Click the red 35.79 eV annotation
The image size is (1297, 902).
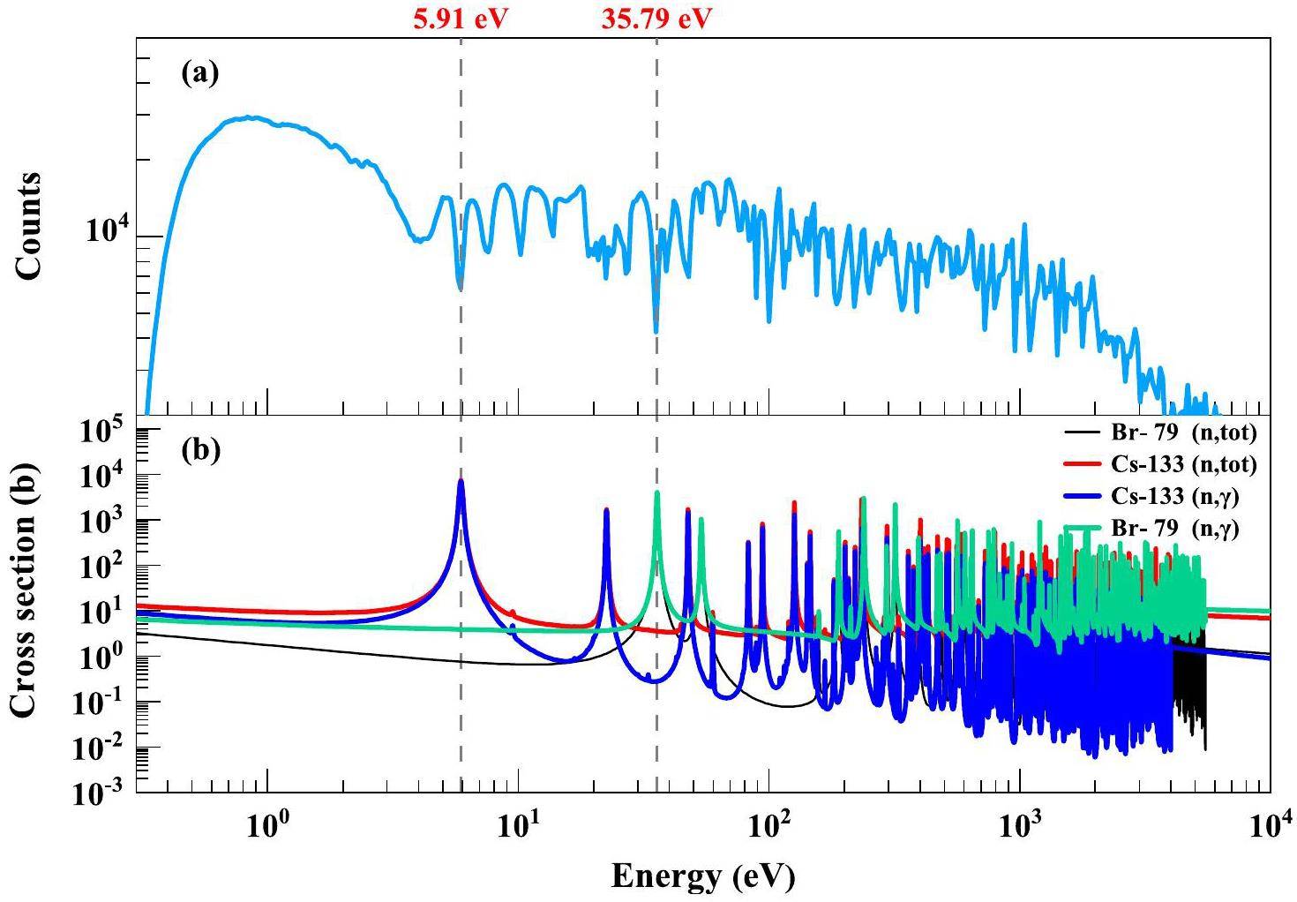[656, 19]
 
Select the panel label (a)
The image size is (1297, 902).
[199, 73]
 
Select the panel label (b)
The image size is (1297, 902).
[199, 450]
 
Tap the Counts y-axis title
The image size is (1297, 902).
[27, 226]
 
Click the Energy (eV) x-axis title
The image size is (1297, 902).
[703, 876]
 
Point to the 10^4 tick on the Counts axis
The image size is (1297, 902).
[105, 234]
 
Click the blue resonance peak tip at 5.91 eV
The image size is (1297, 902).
[461, 480]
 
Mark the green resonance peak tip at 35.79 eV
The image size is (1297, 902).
[656, 493]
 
